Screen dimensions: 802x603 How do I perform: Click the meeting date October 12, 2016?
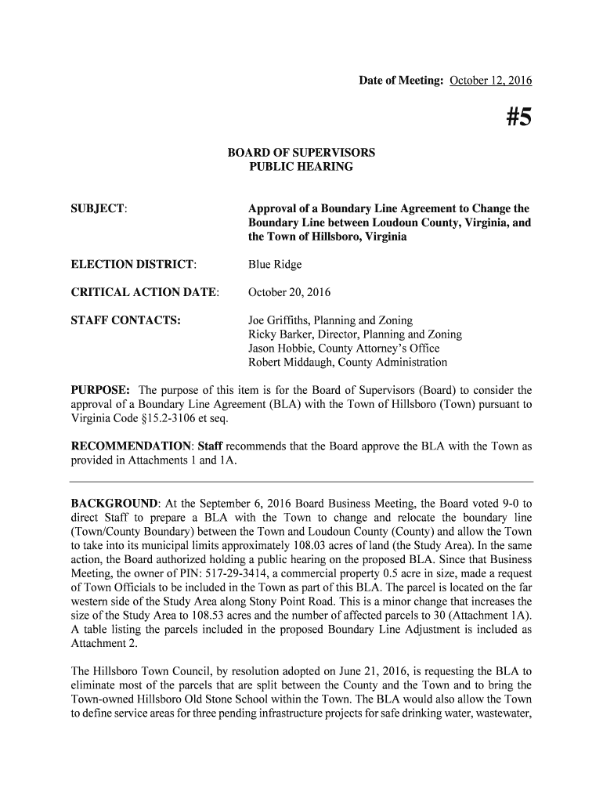(490, 81)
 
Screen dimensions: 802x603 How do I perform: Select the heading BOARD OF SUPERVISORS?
(301, 152)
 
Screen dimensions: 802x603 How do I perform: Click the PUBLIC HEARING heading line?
(301, 167)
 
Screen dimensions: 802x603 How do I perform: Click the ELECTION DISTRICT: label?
(134, 265)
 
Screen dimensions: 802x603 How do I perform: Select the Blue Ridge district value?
(275, 265)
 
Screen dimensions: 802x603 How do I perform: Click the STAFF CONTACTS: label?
(126, 320)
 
